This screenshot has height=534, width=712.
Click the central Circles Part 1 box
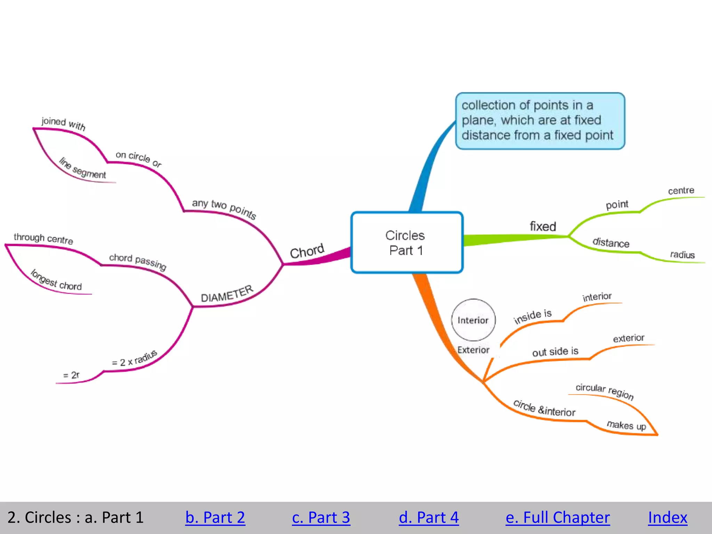tap(406, 242)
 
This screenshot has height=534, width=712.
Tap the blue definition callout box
tap(540, 120)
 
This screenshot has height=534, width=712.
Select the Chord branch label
tap(307, 251)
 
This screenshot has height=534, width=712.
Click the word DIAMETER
tap(227, 294)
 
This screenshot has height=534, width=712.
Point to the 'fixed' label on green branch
tap(543, 226)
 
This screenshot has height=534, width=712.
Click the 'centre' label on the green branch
tap(681, 191)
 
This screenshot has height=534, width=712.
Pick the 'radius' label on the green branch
tap(682, 254)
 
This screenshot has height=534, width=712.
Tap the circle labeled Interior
tap(473, 320)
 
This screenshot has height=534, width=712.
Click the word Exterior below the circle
tap(473, 350)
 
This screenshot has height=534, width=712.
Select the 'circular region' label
tap(605, 391)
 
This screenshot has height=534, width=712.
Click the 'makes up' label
tap(626, 425)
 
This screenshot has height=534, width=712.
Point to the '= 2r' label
tap(71, 375)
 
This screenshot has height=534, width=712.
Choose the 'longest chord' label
tap(56, 281)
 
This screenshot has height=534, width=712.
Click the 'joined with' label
tap(63, 123)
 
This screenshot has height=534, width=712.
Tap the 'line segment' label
tap(82, 169)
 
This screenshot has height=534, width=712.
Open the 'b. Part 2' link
tap(215, 517)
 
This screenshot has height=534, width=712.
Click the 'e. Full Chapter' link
tap(557, 517)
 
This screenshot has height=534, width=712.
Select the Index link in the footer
tap(667, 517)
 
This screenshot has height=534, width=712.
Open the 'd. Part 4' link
tap(428, 517)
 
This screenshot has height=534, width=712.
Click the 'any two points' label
tap(224, 208)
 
